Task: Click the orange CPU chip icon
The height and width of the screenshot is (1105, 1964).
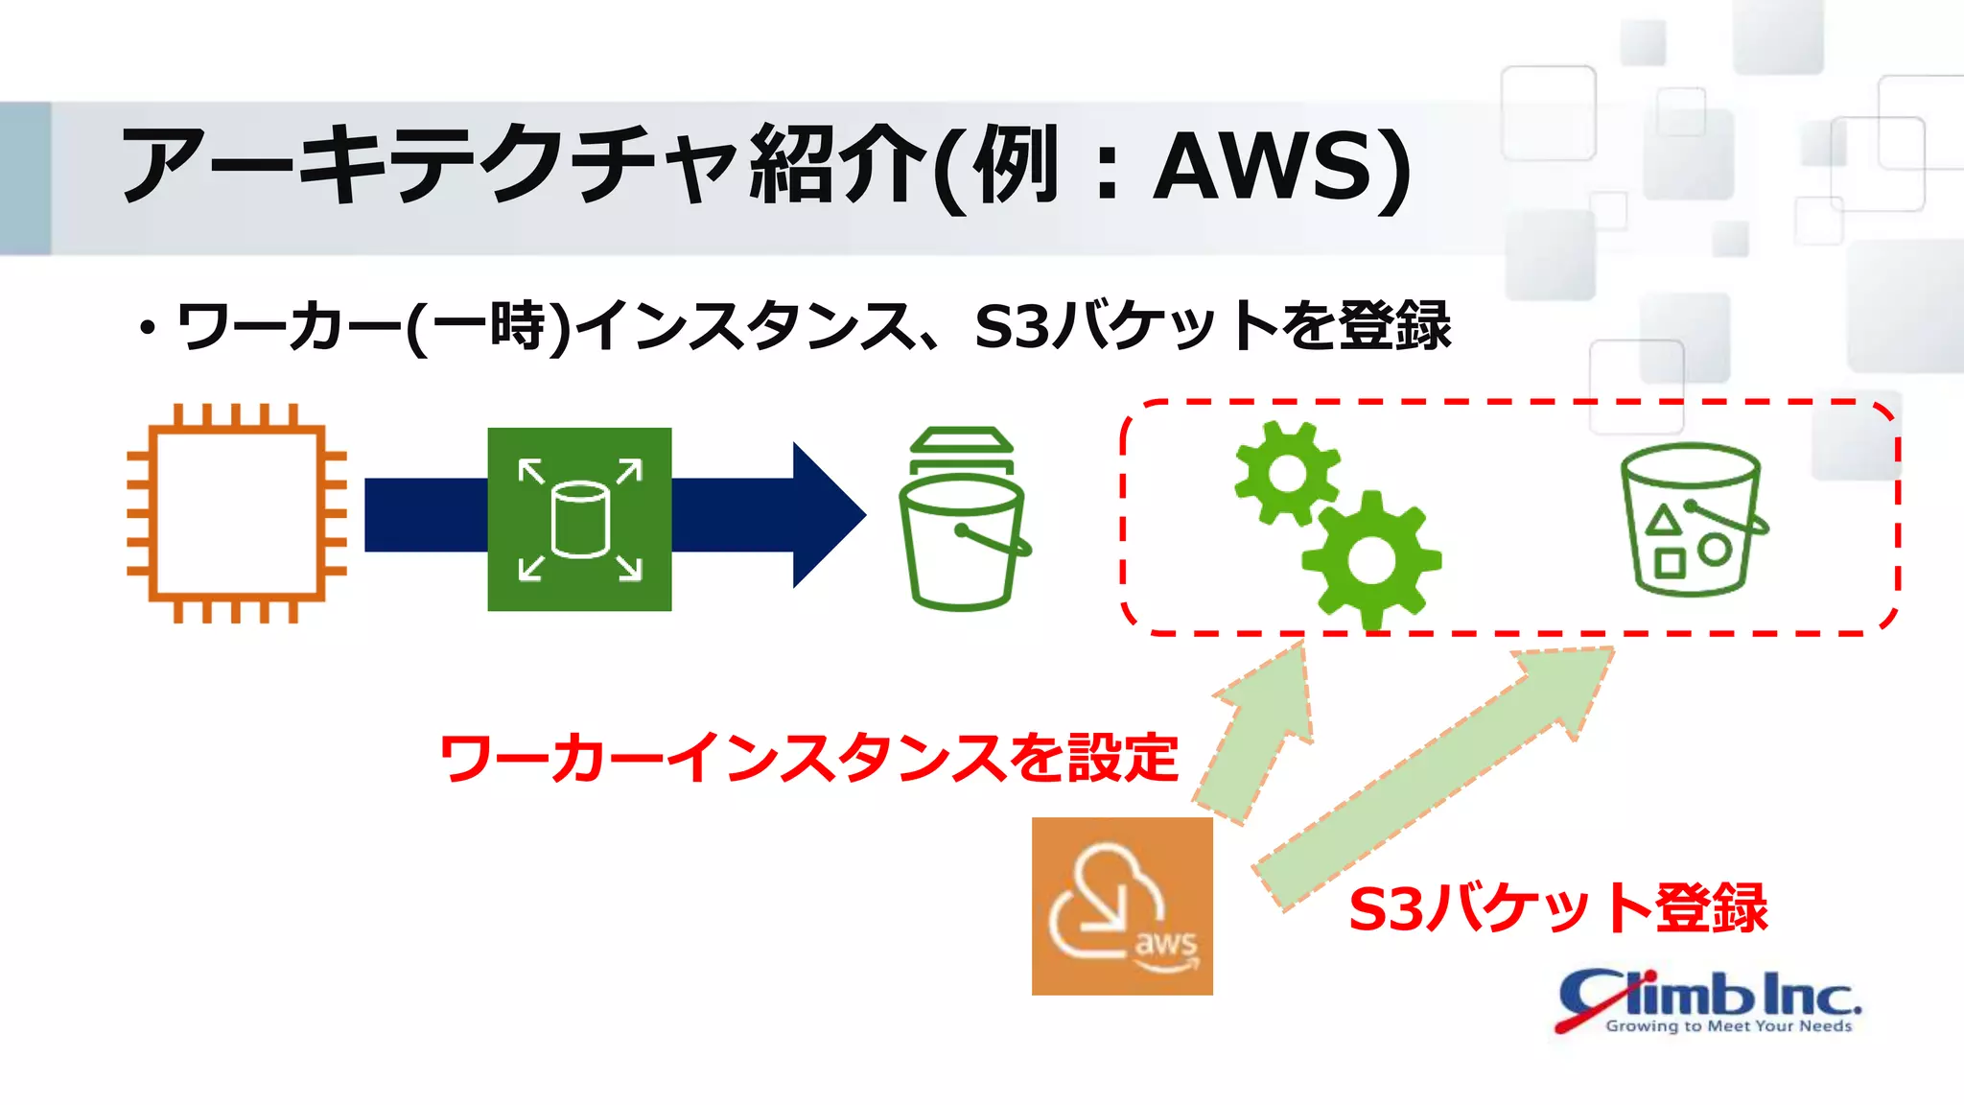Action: tap(236, 514)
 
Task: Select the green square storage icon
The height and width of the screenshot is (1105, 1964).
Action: tap(579, 519)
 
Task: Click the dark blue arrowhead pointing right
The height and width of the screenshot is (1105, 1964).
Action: tap(827, 515)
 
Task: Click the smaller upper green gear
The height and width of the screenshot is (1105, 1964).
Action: tap(1286, 473)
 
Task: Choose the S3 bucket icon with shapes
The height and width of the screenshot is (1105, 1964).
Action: tap(1693, 519)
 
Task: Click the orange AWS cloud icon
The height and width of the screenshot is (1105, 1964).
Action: tap(1122, 905)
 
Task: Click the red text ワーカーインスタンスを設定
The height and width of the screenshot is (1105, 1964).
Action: tap(808, 759)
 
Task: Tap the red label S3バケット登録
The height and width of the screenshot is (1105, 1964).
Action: tap(1557, 908)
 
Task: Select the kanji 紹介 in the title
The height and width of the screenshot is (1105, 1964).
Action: tap(838, 165)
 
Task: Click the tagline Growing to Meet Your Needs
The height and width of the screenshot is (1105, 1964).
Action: tap(1728, 1026)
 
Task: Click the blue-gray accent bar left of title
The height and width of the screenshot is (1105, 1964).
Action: tap(25, 178)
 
